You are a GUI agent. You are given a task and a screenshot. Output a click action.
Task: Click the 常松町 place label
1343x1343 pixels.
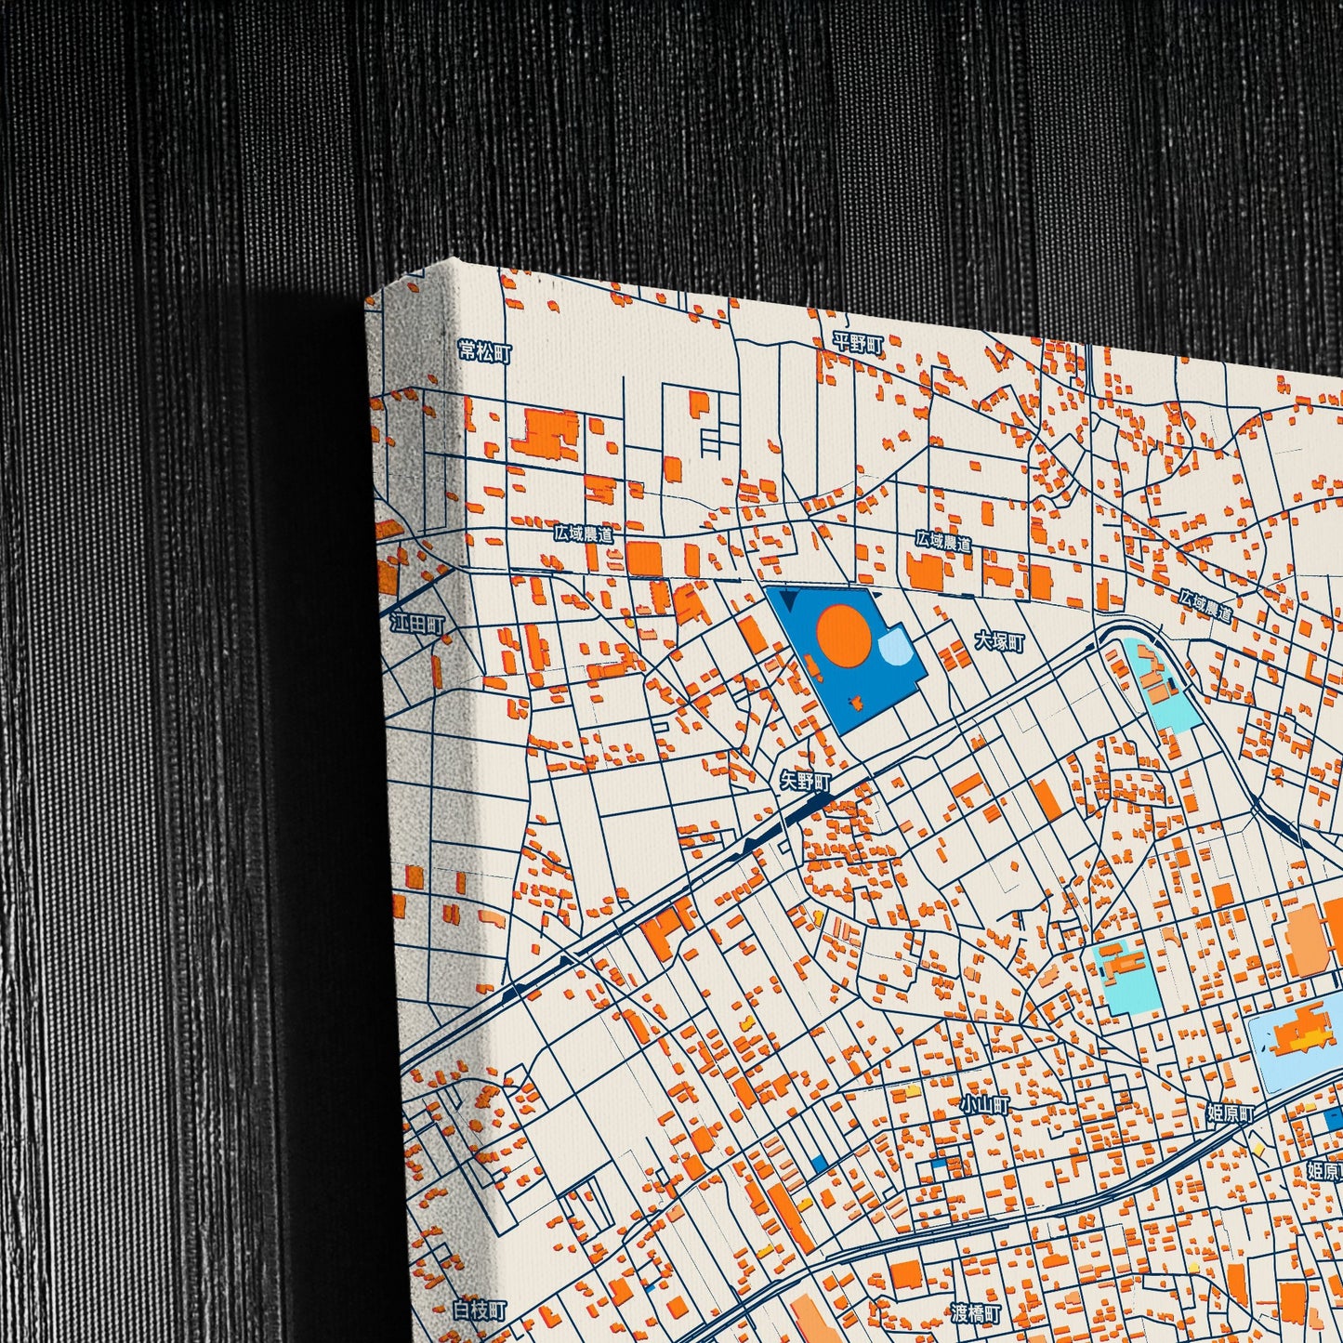click(484, 352)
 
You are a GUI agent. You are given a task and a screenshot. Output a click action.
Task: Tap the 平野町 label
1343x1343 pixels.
click(857, 343)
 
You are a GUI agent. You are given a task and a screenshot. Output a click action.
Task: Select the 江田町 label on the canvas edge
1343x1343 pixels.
click(417, 624)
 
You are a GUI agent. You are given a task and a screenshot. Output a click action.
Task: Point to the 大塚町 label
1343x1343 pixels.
click(999, 641)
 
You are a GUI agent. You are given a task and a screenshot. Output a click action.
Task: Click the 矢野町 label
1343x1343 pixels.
click(805, 781)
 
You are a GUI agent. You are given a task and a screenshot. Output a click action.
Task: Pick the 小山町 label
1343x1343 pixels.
click(985, 1105)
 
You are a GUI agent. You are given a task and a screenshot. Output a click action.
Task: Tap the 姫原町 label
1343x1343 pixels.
click(1231, 1113)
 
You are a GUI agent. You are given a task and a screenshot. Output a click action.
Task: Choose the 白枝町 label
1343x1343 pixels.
click(481, 1310)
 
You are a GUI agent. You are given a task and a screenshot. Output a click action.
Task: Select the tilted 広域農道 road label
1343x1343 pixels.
click(1205, 606)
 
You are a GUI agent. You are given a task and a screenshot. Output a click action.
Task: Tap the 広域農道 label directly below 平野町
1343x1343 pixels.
click(942, 541)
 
